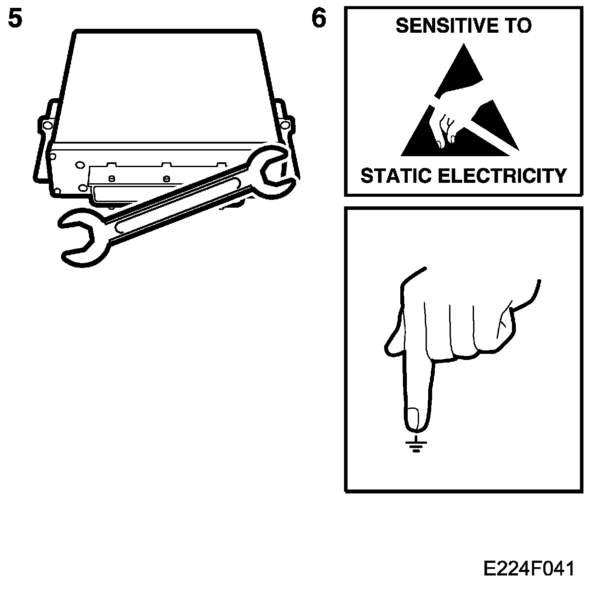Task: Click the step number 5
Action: coord(15,20)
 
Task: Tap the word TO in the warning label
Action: coord(518,26)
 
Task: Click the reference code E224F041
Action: coord(529,569)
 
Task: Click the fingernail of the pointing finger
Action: coord(412,417)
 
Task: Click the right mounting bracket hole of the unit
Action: coord(284,126)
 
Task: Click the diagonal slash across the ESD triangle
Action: coord(488,135)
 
